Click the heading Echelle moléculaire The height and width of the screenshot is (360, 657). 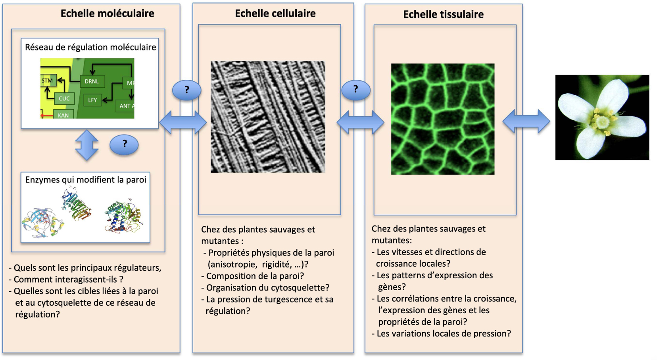click(108, 13)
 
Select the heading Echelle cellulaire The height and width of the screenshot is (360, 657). click(275, 13)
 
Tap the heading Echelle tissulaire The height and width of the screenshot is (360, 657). click(443, 14)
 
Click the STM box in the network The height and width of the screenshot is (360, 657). click(48, 81)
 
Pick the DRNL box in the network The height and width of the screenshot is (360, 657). click(92, 81)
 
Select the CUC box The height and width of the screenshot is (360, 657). click(64, 98)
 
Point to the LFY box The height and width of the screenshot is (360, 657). click(92, 100)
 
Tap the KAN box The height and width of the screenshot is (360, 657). click(63, 115)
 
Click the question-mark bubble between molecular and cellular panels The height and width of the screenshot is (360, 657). click(186, 90)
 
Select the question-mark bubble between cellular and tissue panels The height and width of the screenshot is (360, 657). click(356, 90)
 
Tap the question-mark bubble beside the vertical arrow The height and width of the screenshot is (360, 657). click(124, 144)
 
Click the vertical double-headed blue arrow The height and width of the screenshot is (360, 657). click(87, 145)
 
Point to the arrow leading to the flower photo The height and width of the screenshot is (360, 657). click(526, 121)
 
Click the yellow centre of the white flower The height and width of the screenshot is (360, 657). click(602, 121)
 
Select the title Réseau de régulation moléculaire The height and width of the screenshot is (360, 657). click(90, 48)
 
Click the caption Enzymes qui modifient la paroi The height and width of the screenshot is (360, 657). click(86, 180)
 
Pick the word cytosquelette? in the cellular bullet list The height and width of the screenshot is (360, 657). click(298, 288)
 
